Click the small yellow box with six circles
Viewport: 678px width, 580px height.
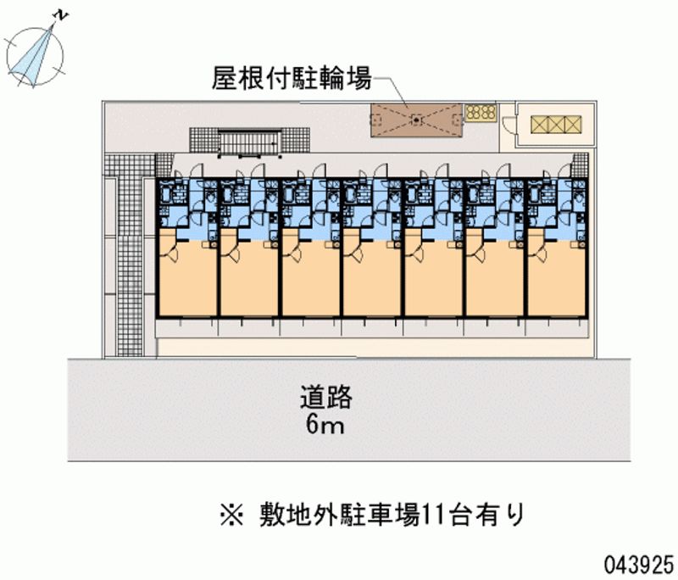point(480,113)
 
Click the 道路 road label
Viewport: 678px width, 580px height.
point(325,396)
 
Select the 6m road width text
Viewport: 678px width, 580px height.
point(325,425)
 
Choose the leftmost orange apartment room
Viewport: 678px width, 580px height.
point(187,280)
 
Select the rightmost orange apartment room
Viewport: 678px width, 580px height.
point(555,280)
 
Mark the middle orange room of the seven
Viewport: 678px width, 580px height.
point(371,280)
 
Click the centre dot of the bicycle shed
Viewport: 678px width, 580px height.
point(416,120)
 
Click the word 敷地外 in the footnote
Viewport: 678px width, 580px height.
point(305,514)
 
